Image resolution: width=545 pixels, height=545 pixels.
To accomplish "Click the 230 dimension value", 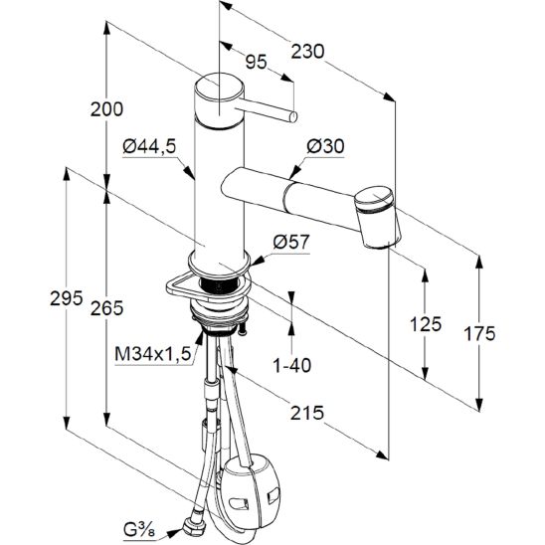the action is click(x=307, y=52).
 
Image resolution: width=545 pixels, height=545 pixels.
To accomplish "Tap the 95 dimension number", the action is click(x=257, y=62).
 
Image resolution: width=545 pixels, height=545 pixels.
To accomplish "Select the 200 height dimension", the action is click(x=106, y=109).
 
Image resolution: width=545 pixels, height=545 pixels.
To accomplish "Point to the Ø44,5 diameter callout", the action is click(x=149, y=146).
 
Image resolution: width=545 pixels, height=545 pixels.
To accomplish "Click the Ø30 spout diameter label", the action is click(x=325, y=146).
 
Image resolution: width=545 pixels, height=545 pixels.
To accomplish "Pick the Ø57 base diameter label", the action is click(x=291, y=242).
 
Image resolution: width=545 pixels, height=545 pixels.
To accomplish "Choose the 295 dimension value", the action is click(x=66, y=298).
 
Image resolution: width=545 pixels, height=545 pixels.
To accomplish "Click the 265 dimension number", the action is click(x=106, y=308).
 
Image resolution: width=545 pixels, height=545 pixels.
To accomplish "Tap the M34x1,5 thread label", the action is click(x=153, y=354).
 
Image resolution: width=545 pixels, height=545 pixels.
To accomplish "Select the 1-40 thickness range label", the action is click(x=292, y=365).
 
